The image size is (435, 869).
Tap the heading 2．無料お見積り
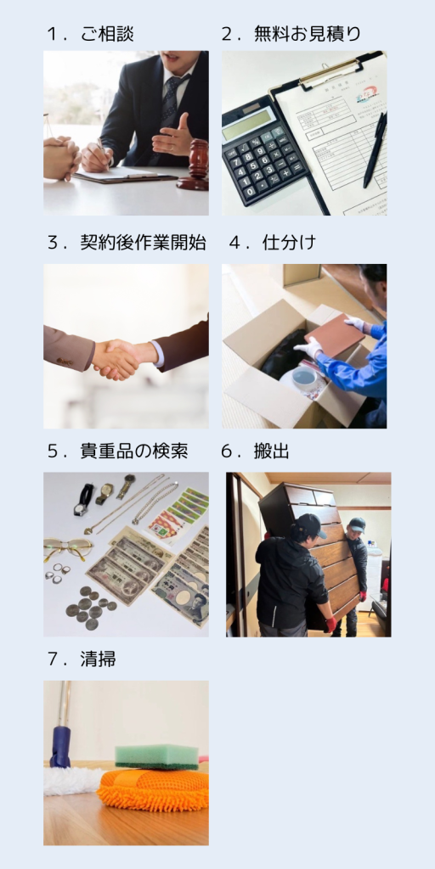291,34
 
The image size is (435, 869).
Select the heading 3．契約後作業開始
127,243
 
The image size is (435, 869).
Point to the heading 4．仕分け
273,243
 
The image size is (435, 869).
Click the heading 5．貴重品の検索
117,451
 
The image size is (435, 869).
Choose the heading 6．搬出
255,451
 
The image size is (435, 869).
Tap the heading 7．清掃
82,659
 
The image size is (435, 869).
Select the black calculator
264,153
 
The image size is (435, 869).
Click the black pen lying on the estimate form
375,149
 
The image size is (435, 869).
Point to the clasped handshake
117,359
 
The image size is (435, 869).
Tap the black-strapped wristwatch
84,499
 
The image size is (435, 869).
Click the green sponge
156,757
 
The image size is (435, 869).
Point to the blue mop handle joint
60,746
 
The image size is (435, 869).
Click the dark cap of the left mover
311,524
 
